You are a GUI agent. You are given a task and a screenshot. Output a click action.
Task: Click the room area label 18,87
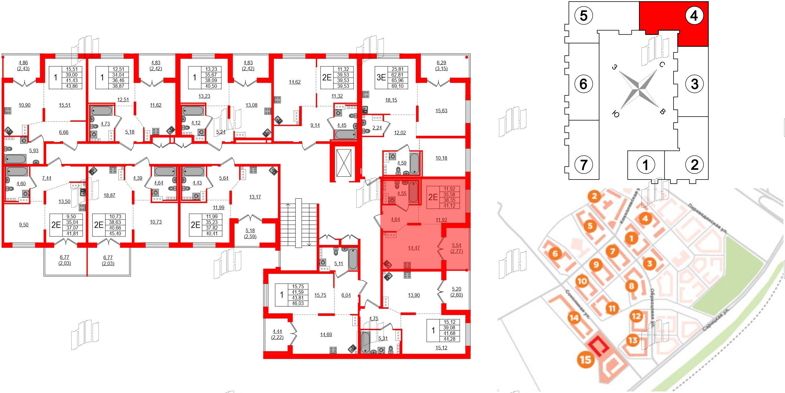coord(109,195)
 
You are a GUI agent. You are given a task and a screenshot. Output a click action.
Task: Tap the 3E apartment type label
coord(381,77)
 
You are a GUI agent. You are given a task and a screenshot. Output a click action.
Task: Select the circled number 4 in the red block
coord(694,15)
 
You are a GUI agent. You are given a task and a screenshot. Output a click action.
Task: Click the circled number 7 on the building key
coord(583,164)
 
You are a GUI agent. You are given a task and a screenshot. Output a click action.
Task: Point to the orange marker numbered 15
coord(586,359)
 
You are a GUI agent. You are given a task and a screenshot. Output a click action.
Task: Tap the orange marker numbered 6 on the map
coord(555,253)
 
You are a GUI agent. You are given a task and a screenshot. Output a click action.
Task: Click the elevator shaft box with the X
coord(344,163)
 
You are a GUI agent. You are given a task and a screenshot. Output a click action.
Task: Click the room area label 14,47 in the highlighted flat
coord(414,248)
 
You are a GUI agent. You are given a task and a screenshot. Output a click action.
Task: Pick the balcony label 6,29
coord(441,63)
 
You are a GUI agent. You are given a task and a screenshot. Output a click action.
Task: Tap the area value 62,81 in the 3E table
coord(397,75)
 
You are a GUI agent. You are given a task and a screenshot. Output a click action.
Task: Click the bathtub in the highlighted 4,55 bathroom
coord(413,191)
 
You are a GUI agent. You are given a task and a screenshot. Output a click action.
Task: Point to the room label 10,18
coord(441,158)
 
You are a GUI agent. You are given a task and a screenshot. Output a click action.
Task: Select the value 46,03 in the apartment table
coord(298,303)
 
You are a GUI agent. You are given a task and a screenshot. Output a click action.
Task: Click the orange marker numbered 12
coord(636,316)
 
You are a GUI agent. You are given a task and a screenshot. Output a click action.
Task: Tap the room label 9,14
coord(315,125)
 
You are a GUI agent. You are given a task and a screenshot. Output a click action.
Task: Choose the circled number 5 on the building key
coord(583,15)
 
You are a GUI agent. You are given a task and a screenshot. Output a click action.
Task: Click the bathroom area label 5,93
coord(34,151)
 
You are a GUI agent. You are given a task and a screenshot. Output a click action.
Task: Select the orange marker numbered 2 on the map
coord(594,197)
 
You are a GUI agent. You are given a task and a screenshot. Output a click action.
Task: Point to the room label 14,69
coord(326,335)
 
